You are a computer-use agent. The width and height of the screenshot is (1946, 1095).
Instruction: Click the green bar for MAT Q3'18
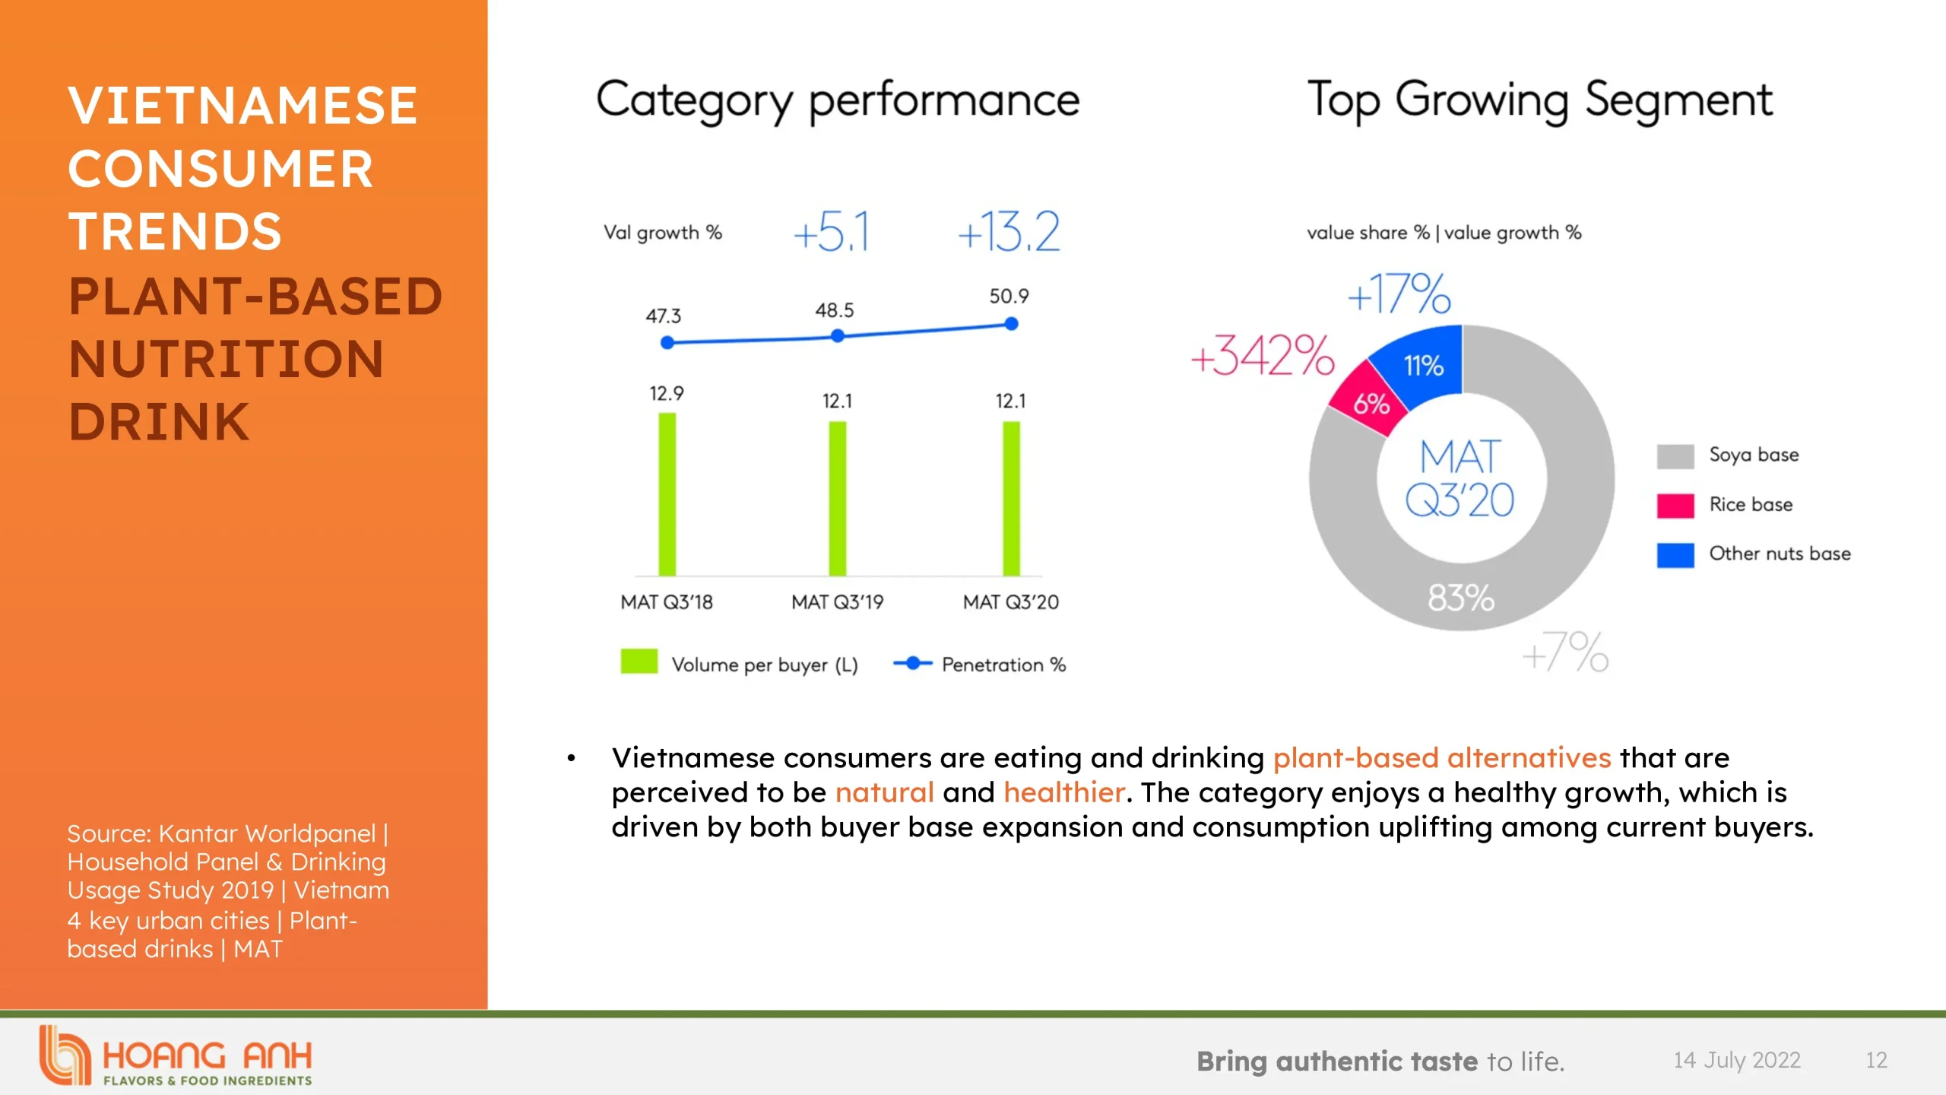tap(667, 494)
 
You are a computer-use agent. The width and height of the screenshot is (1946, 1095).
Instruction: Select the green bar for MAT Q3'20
tap(1011, 499)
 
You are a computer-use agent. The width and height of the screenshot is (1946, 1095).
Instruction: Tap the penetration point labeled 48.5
tap(837, 335)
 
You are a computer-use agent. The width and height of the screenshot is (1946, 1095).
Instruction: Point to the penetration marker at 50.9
tap(1011, 324)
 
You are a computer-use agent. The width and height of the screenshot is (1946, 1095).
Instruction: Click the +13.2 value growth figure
tap(1008, 232)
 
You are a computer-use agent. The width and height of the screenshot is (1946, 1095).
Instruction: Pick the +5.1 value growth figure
tap(831, 232)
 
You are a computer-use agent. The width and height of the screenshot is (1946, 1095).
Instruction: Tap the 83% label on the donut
tap(1460, 598)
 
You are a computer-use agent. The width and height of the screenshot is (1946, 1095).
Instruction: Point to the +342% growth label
tap(1262, 356)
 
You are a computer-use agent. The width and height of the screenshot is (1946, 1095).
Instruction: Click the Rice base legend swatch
tap(1675, 505)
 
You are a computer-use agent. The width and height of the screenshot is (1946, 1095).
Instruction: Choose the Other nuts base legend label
tap(1780, 554)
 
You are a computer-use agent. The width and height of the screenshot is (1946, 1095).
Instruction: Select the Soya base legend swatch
tap(1675, 455)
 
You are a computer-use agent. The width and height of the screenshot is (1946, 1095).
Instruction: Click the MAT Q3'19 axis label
tap(837, 602)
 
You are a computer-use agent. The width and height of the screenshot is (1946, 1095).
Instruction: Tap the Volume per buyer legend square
tap(639, 662)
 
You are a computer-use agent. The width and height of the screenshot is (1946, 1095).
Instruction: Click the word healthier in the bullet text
tap(1063, 792)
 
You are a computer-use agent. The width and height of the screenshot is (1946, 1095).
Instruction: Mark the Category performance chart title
tap(837, 100)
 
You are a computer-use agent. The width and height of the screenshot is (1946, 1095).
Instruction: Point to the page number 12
tap(1876, 1060)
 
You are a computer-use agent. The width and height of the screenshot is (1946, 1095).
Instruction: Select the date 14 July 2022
tap(1736, 1060)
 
